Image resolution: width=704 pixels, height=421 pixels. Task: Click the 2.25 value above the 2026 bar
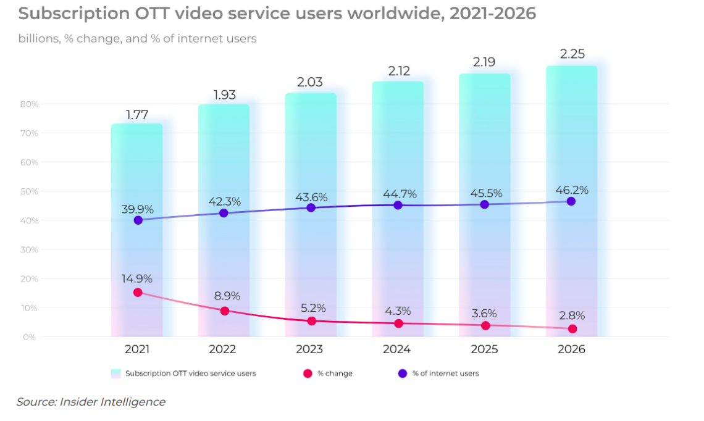(x=571, y=54)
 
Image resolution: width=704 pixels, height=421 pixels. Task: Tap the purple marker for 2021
(x=138, y=220)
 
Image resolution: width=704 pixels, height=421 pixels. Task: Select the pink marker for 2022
(x=225, y=311)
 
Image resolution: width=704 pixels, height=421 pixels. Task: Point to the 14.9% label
(x=136, y=278)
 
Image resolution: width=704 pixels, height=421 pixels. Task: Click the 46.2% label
(x=571, y=190)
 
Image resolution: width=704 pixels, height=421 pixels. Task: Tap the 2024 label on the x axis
(x=396, y=349)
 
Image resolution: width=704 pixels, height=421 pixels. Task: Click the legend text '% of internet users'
(x=445, y=373)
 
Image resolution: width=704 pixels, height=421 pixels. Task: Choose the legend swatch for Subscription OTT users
(x=115, y=373)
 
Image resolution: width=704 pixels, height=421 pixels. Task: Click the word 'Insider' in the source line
(x=82, y=402)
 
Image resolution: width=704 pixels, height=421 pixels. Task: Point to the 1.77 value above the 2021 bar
(x=136, y=114)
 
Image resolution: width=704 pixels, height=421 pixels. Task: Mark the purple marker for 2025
(x=485, y=204)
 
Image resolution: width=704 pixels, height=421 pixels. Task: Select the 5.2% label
(x=311, y=307)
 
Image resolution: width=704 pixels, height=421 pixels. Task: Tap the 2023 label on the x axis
(x=309, y=349)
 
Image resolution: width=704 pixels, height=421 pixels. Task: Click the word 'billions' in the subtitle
(x=39, y=39)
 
